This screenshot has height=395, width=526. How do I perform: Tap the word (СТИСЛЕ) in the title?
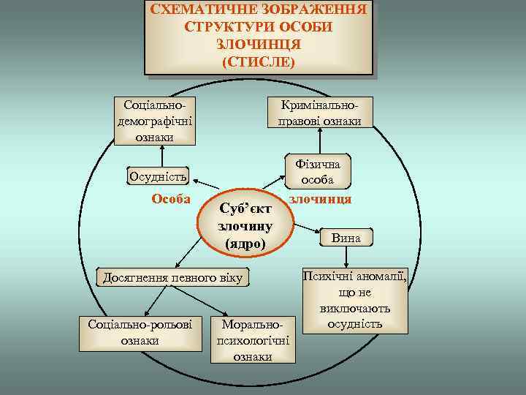[x=259, y=61]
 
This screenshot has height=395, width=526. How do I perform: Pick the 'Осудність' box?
[x=158, y=176]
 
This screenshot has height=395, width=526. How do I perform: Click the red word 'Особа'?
[x=171, y=199]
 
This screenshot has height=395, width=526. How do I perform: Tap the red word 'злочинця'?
[x=321, y=199]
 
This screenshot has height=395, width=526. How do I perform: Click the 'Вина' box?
[x=345, y=238]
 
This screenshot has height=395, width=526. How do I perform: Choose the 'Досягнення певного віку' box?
[x=172, y=277]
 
